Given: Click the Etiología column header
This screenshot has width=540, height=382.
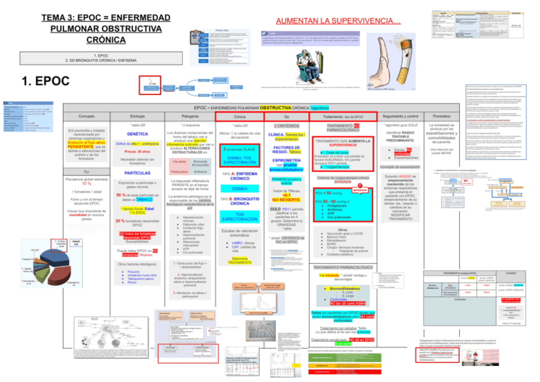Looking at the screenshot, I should point(138,117).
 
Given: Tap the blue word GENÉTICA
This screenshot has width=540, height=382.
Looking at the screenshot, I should point(138,135).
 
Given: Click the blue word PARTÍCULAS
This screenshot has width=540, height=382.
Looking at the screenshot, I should point(138,173).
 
